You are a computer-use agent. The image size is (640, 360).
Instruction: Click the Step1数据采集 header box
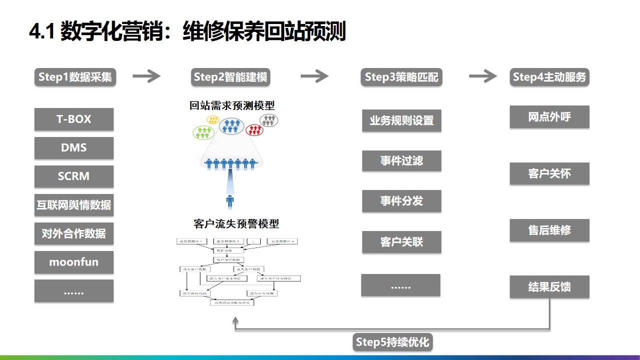point(75,77)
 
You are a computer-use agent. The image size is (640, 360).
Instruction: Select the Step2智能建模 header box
point(231,77)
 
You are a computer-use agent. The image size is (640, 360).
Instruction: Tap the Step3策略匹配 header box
point(401,77)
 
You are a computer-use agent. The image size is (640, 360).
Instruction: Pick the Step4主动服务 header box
point(549,77)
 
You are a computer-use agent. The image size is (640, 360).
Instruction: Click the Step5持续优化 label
point(392,342)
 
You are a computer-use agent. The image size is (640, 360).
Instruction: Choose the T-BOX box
point(74,119)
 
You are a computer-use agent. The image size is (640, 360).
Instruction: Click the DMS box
point(74,148)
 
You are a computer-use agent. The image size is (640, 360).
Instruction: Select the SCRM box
point(74,176)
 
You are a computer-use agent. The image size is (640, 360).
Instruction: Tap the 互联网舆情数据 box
point(74,205)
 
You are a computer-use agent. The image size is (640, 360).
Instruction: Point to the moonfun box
point(74,262)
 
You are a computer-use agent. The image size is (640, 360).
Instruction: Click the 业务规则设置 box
point(401,120)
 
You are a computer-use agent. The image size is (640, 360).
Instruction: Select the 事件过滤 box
point(401,161)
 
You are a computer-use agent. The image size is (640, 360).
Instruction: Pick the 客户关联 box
point(401,242)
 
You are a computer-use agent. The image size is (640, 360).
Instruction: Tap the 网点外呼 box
point(549,117)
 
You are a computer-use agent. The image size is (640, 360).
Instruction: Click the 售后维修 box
point(549,230)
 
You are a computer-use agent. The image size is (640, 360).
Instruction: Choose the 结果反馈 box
point(549,287)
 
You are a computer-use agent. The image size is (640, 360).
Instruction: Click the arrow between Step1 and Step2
point(146,76)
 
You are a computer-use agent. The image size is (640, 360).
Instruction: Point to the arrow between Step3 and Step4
point(483,76)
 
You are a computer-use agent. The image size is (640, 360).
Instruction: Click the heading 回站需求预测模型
point(232,105)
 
